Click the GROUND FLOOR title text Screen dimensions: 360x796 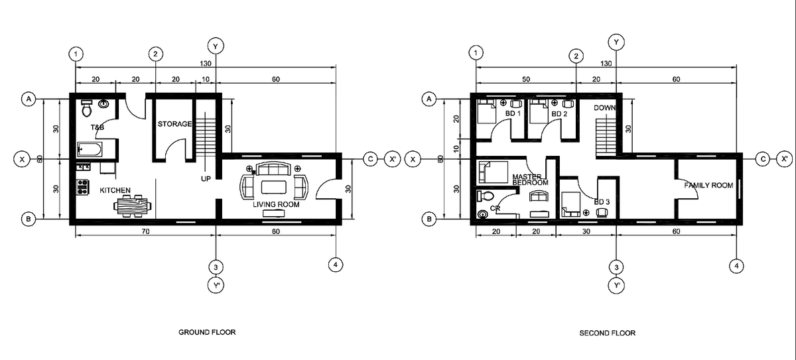click(207, 331)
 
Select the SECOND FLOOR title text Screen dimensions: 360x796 click(607, 333)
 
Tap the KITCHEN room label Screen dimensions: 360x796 click(115, 190)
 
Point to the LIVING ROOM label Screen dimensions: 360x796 click(276, 205)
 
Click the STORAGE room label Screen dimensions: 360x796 click(174, 124)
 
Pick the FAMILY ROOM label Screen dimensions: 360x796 click(708, 186)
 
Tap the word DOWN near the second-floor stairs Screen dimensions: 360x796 click(605, 107)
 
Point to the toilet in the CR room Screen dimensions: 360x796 click(485, 196)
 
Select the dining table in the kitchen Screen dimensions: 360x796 click(132, 206)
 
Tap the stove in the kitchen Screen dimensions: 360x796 click(83, 187)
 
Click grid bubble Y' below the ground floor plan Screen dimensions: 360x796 click(216, 286)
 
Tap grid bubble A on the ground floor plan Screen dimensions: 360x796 click(29, 99)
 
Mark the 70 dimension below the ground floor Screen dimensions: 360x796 click(144, 232)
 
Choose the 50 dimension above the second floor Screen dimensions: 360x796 click(525, 79)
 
